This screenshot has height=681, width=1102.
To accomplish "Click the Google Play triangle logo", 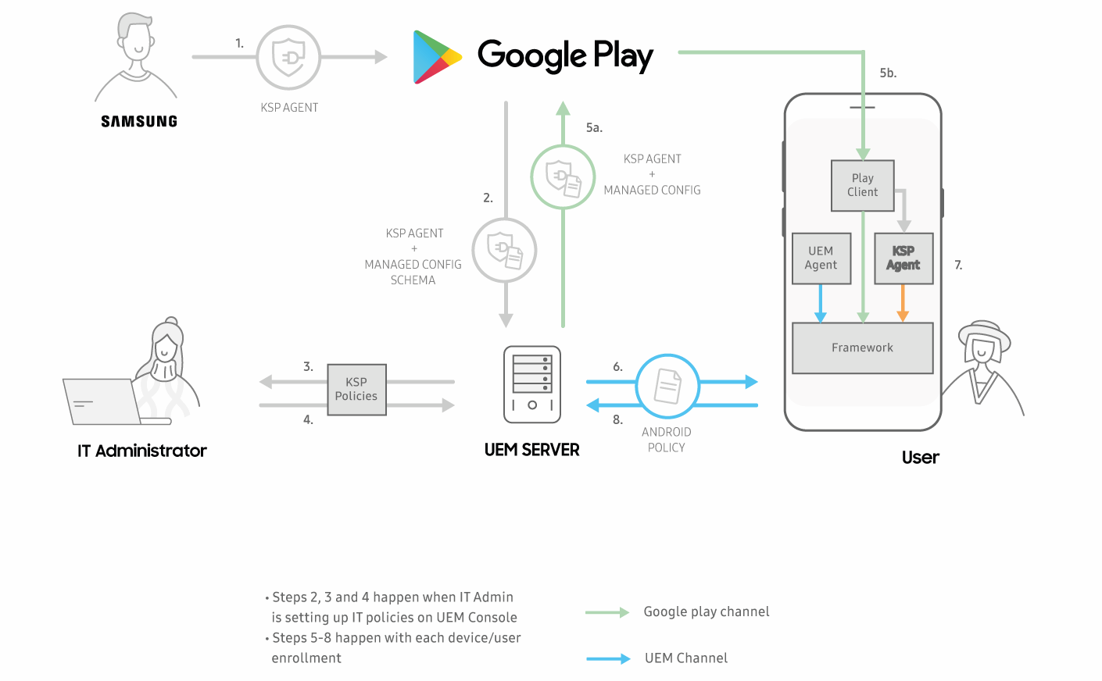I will (435, 57).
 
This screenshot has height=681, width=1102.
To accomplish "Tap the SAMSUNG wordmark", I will (139, 121).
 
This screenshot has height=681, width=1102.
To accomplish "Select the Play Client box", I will (862, 186).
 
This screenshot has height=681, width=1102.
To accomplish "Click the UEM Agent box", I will (821, 258).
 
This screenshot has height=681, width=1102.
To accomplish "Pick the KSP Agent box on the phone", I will (903, 258).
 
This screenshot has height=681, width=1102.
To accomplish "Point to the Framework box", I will (862, 348).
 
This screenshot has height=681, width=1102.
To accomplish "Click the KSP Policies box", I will (356, 390).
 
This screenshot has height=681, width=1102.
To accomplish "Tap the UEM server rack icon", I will (532, 384).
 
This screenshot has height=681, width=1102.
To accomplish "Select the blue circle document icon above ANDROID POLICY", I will (667, 386).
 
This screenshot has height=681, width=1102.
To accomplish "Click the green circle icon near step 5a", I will (563, 177).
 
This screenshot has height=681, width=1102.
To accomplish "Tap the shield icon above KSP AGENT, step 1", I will (288, 57).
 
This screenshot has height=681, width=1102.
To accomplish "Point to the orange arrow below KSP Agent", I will (903, 303).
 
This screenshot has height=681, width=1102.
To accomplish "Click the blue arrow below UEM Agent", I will (820, 303).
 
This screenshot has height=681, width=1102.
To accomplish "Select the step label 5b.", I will (888, 73).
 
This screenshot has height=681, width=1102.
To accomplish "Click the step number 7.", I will (958, 266).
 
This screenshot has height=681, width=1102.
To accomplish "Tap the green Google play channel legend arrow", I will (607, 612).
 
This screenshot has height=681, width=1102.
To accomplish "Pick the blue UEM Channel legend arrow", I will (608, 659).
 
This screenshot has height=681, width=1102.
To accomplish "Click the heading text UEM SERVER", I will (531, 450).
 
